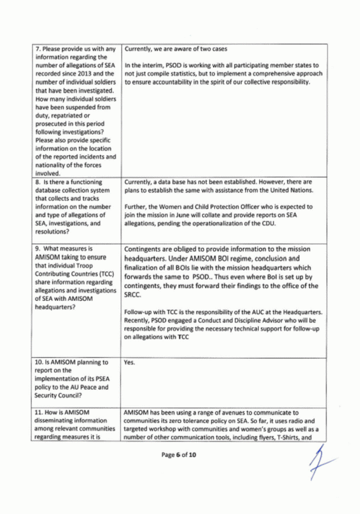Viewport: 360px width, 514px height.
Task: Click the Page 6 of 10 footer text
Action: (x=178, y=455)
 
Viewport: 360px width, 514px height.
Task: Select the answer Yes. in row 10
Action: (x=129, y=362)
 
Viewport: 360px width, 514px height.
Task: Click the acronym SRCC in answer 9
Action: (x=132, y=295)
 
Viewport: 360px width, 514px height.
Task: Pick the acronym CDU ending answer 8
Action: (x=269, y=223)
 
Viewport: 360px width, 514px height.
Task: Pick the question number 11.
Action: (x=39, y=412)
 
